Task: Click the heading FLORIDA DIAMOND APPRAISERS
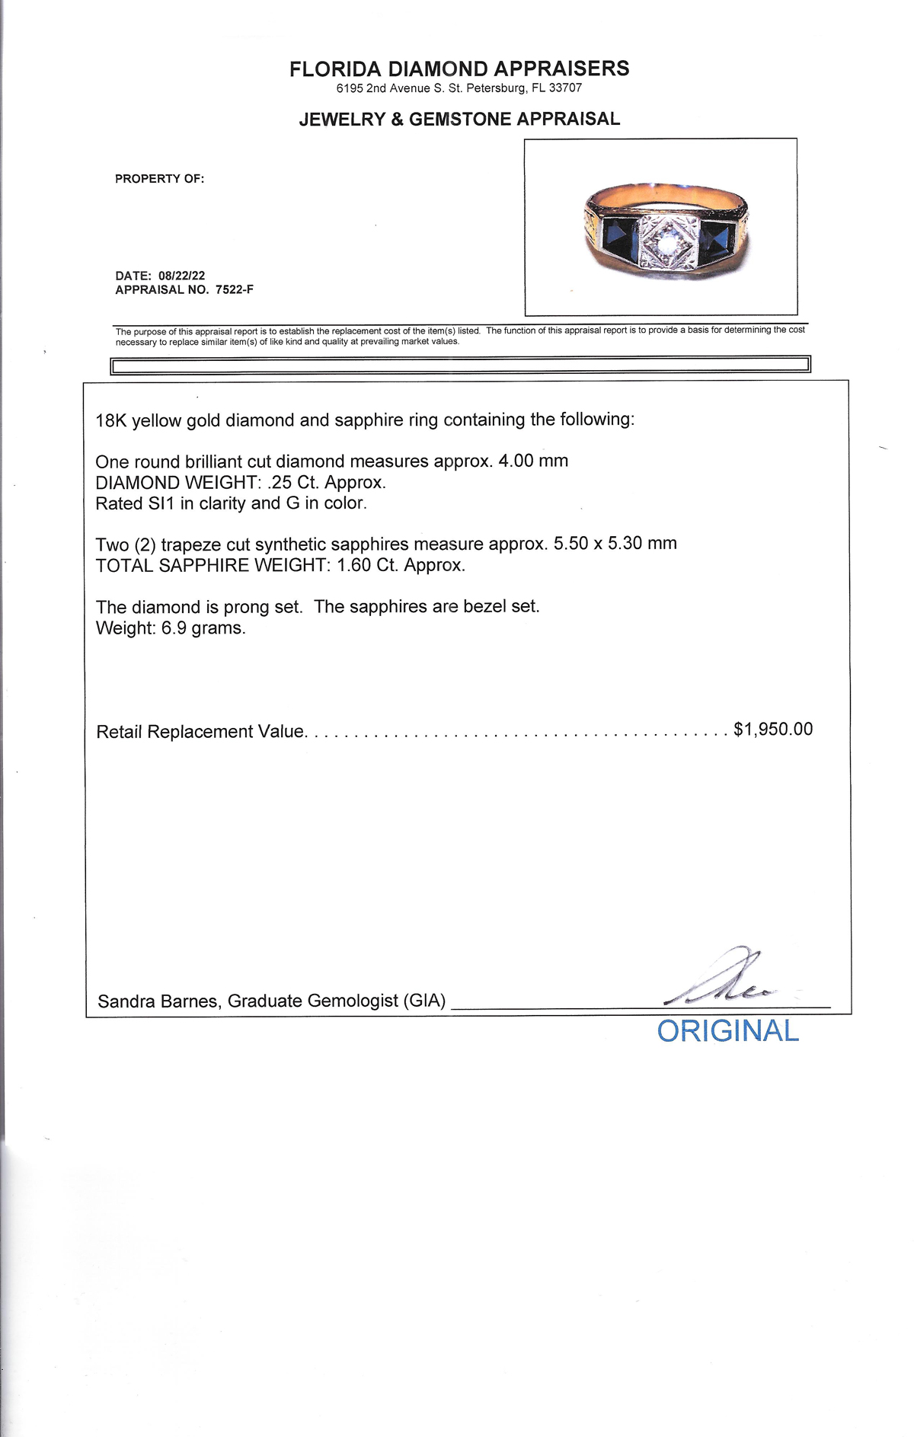click(x=459, y=69)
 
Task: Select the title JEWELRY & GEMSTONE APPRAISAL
click(x=459, y=120)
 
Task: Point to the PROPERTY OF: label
click(x=160, y=179)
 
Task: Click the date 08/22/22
click(x=182, y=276)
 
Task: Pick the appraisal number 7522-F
click(x=235, y=290)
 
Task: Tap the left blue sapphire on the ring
click(x=619, y=237)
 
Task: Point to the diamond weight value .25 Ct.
click(x=293, y=483)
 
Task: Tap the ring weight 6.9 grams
click(x=203, y=628)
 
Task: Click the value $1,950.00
click(x=773, y=730)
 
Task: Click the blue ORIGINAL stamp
click(x=727, y=1031)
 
